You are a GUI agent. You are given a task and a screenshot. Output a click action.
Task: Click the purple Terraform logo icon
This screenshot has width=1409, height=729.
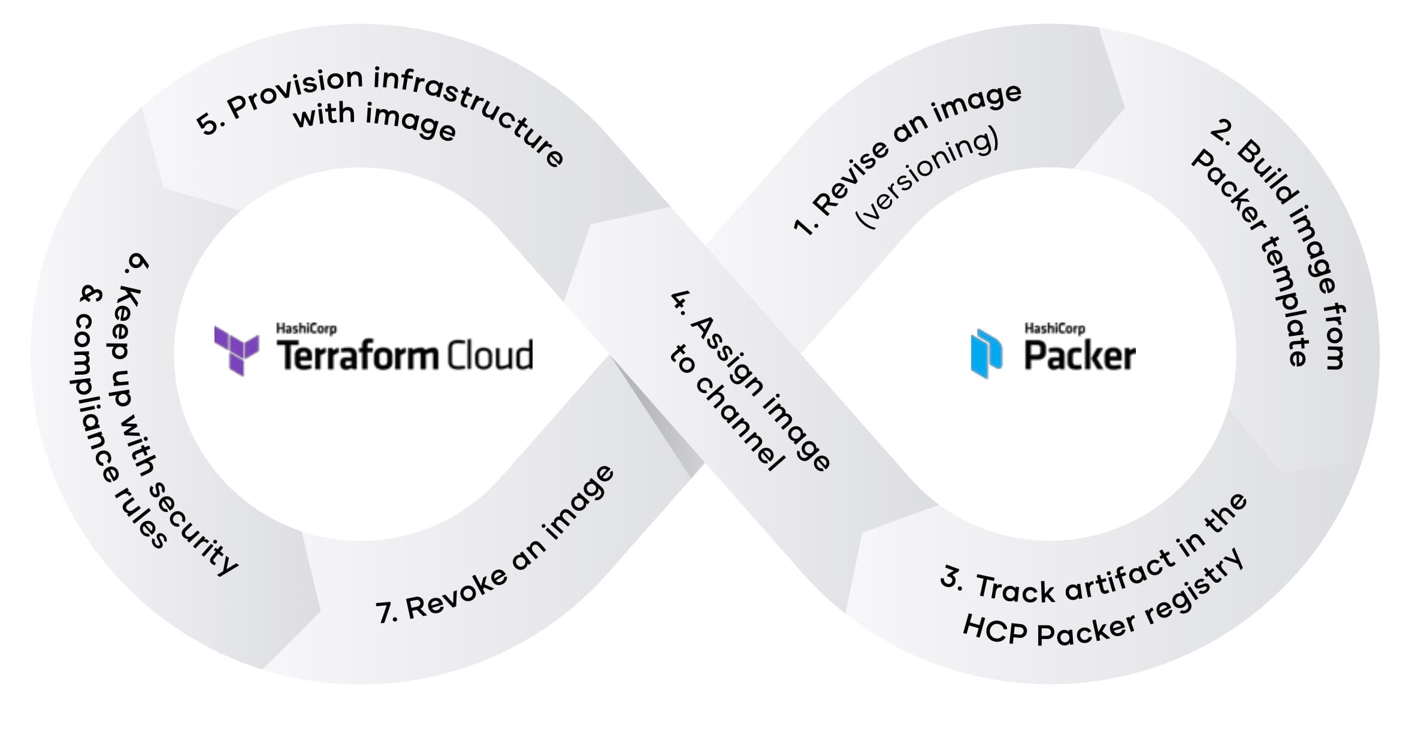tap(237, 350)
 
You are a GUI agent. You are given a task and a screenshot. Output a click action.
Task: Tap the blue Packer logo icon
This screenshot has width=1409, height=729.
tap(985, 353)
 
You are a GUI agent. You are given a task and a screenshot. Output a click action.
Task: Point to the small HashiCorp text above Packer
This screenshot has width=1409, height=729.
tap(1054, 329)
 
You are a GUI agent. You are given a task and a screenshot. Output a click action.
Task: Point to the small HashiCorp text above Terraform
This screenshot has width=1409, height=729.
tap(306, 329)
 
